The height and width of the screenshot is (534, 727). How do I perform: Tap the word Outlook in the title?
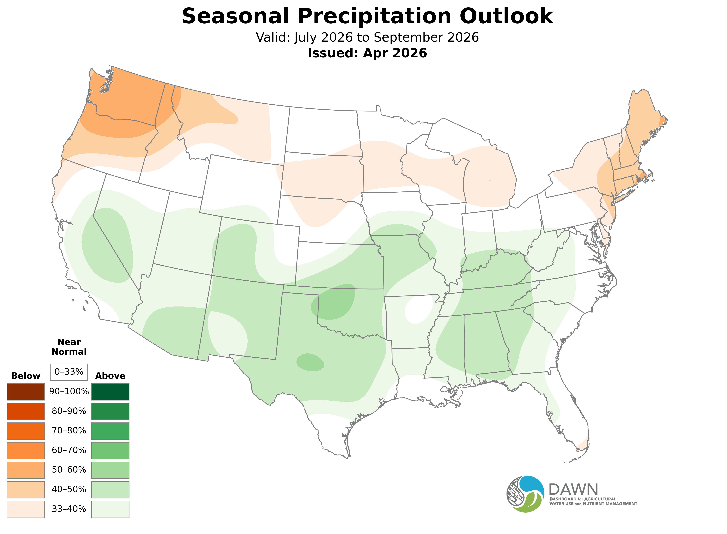tap(507, 16)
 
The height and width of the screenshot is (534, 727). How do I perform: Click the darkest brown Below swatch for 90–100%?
tap(26, 392)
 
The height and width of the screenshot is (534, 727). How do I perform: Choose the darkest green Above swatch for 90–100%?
tap(110, 392)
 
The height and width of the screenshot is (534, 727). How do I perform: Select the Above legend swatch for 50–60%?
tap(110, 470)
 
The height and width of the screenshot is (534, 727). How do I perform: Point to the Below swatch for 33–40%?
tap(26, 509)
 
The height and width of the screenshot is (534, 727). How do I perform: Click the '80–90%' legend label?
tap(69, 411)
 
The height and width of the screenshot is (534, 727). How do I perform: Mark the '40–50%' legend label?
tap(69, 489)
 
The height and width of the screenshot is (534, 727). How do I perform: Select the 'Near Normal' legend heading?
tap(69, 347)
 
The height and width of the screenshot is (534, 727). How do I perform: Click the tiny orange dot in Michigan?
tap(490, 180)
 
